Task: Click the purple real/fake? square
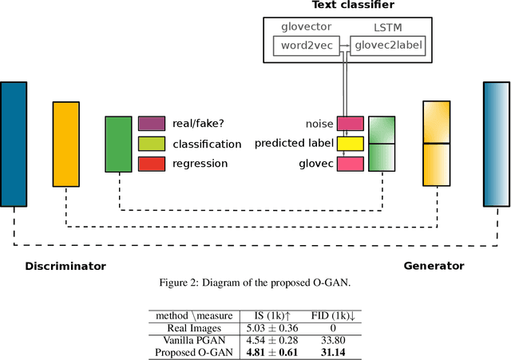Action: [x=151, y=124]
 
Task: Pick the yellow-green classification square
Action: [x=151, y=144]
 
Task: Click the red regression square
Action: [x=151, y=164]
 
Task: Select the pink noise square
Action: [x=350, y=124]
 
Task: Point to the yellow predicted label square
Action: [x=350, y=144]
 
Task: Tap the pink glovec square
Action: [x=350, y=164]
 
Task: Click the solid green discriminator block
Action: [x=118, y=144]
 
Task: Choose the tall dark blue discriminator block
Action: [x=14, y=144]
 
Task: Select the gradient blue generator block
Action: [x=496, y=144]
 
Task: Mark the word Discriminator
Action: [x=65, y=266]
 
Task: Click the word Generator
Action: [x=434, y=266]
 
